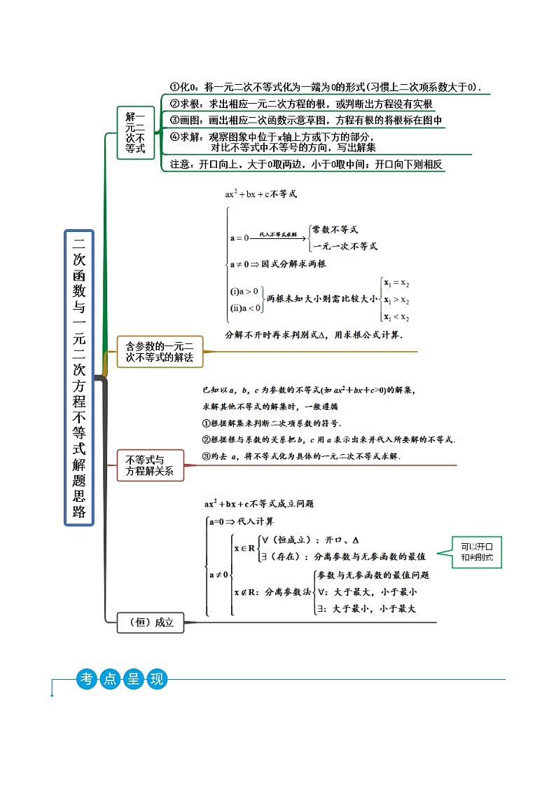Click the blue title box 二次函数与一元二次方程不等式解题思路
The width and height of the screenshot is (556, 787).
(x=79, y=378)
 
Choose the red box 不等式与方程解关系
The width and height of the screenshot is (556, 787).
(x=149, y=466)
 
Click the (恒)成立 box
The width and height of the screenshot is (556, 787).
(x=151, y=622)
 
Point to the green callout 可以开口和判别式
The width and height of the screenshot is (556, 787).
(x=477, y=552)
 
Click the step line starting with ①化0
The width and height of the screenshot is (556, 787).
(x=329, y=88)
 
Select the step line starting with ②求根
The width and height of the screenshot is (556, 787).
(x=302, y=104)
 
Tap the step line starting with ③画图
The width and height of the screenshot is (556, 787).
(x=306, y=120)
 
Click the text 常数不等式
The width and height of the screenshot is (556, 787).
(x=335, y=230)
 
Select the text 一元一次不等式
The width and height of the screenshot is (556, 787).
(x=345, y=246)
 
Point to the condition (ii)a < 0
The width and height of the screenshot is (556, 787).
(x=246, y=307)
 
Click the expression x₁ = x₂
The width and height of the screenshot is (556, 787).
(x=396, y=282)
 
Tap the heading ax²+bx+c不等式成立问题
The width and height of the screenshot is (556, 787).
(x=259, y=503)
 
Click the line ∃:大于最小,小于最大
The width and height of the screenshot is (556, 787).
(x=367, y=609)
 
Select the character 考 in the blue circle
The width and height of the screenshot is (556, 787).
(x=87, y=678)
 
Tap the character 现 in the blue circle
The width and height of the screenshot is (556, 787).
(x=155, y=678)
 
